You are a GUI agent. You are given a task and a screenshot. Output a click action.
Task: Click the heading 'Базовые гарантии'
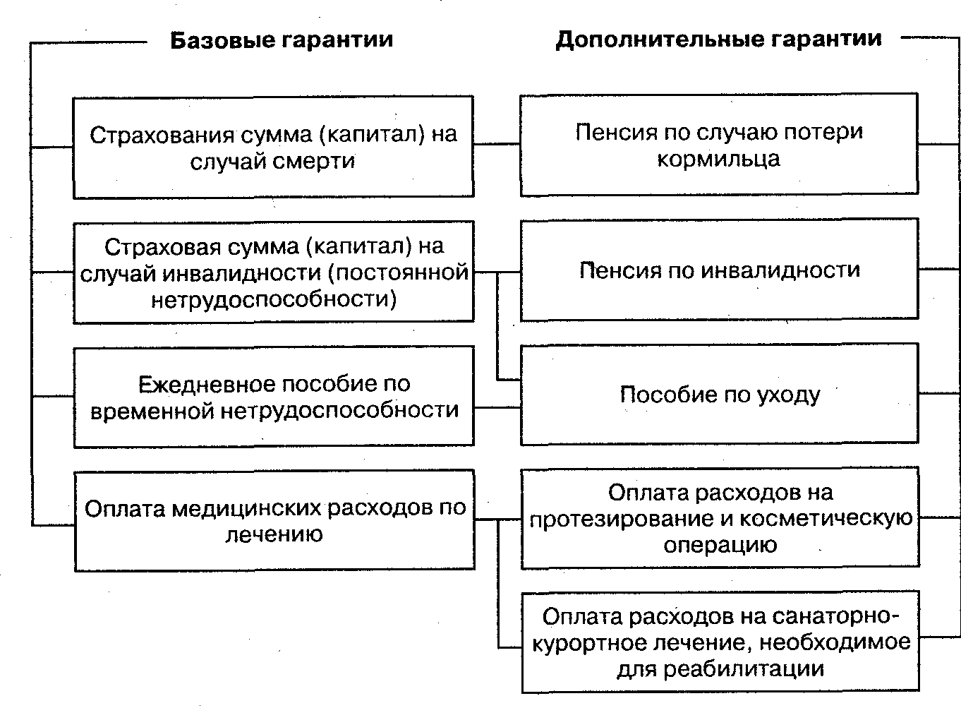[282, 40]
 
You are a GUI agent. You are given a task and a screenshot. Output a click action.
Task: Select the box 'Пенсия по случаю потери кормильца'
[719, 145]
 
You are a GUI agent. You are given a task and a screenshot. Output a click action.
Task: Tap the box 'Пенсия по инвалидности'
[719, 270]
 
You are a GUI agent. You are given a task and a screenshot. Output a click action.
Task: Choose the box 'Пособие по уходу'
[719, 394]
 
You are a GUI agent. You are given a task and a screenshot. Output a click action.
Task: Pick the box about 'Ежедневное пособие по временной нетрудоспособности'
[274, 397]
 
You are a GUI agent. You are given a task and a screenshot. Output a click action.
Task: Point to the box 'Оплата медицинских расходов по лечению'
[274, 520]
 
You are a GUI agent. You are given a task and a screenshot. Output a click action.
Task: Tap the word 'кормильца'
[718, 158]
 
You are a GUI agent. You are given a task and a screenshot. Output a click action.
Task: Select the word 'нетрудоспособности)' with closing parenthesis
[274, 299]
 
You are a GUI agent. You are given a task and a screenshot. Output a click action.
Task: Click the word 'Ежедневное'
[206, 384]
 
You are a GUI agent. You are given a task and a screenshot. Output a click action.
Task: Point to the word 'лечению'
[274, 534]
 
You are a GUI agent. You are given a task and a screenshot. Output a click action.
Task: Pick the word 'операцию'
[720, 545]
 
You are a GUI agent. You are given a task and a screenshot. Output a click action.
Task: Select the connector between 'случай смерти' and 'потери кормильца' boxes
[497, 145]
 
